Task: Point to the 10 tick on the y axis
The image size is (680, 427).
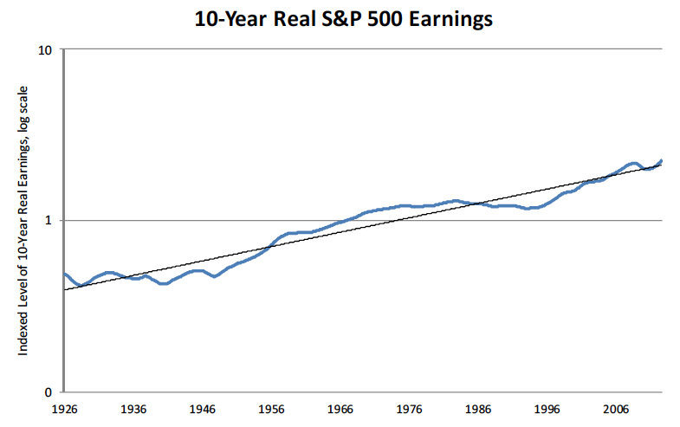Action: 48,50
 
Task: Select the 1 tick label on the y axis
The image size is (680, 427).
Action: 51,221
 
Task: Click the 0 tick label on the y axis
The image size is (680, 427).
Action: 51,391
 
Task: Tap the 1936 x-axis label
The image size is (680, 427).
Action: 133,407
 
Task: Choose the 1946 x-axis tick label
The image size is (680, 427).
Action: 202,407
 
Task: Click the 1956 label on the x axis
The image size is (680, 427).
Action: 271,407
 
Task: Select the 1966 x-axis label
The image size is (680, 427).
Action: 340,407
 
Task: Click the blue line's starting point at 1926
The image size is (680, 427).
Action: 64,274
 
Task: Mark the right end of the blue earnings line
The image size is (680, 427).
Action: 662,160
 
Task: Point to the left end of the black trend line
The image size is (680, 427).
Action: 64,289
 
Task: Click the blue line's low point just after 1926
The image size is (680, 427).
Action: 80,285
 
